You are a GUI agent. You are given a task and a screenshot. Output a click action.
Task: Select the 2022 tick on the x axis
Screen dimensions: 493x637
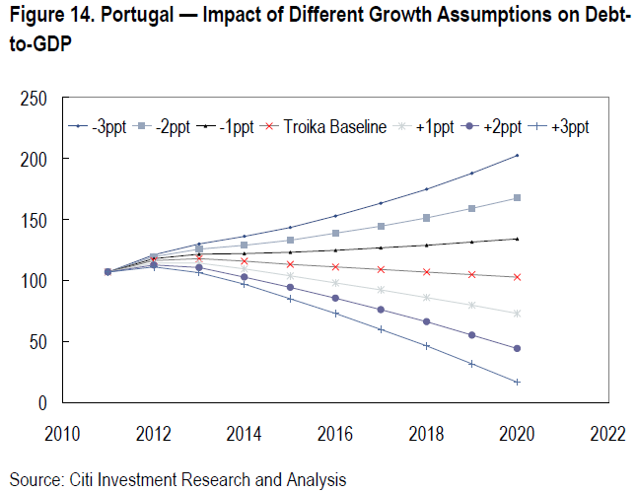click(605, 433)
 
